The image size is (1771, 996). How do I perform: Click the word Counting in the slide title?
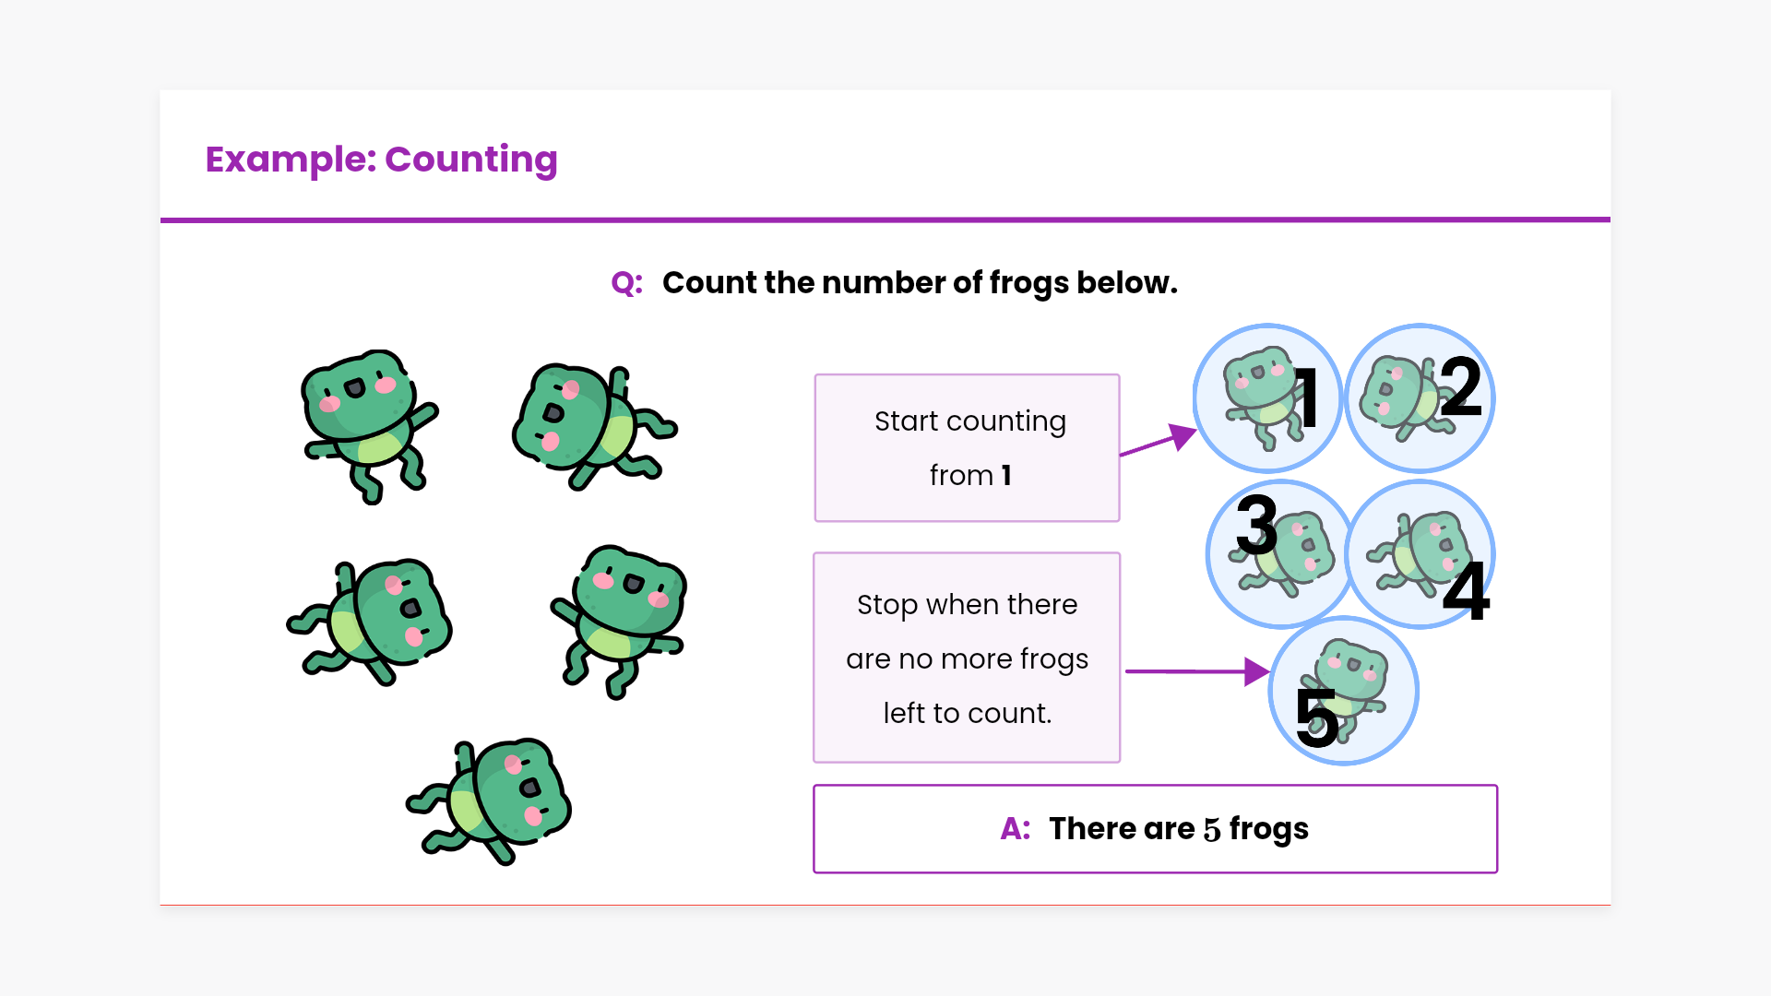coord(470,160)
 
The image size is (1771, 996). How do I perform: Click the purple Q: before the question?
coord(627,283)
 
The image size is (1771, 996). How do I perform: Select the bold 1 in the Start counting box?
coord(1006,475)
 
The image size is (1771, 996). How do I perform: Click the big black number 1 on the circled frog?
coord(1306,397)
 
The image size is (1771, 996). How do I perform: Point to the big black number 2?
coord(1460,387)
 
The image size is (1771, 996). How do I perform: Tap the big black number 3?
coord(1256,524)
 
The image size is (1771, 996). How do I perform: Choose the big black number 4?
coord(1467,590)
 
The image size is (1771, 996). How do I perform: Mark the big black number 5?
coord(1317,717)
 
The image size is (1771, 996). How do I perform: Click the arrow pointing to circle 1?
coord(1159,440)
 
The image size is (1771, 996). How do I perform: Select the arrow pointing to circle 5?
coord(1198,671)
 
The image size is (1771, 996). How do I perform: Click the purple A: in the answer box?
coord(1016,829)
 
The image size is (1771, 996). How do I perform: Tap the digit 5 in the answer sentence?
coord(1212,830)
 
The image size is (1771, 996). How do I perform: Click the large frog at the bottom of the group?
coord(490,800)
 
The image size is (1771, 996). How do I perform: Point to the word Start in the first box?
coord(907,421)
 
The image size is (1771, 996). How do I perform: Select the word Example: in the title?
coord(291,160)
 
